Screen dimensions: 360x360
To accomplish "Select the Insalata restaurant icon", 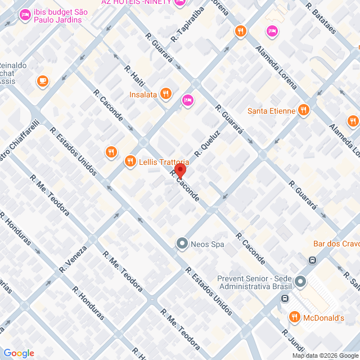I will click(x=165, y=94).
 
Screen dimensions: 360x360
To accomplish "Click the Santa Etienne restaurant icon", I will click(x=304, y=110).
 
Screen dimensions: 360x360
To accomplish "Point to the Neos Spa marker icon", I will click(x=182, y=244).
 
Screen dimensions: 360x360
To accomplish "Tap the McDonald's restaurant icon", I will click(x=294, y=317).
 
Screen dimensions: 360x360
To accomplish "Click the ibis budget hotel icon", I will click(x=24, y=15).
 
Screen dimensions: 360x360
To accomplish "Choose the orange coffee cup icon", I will click(x=43, y=81).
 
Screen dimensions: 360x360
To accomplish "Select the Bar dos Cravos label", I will click(x=336, y=244).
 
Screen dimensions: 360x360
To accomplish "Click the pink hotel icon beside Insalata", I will click(x=188, y=100).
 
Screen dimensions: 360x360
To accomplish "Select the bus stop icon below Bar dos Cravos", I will click(x=312, y=260).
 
